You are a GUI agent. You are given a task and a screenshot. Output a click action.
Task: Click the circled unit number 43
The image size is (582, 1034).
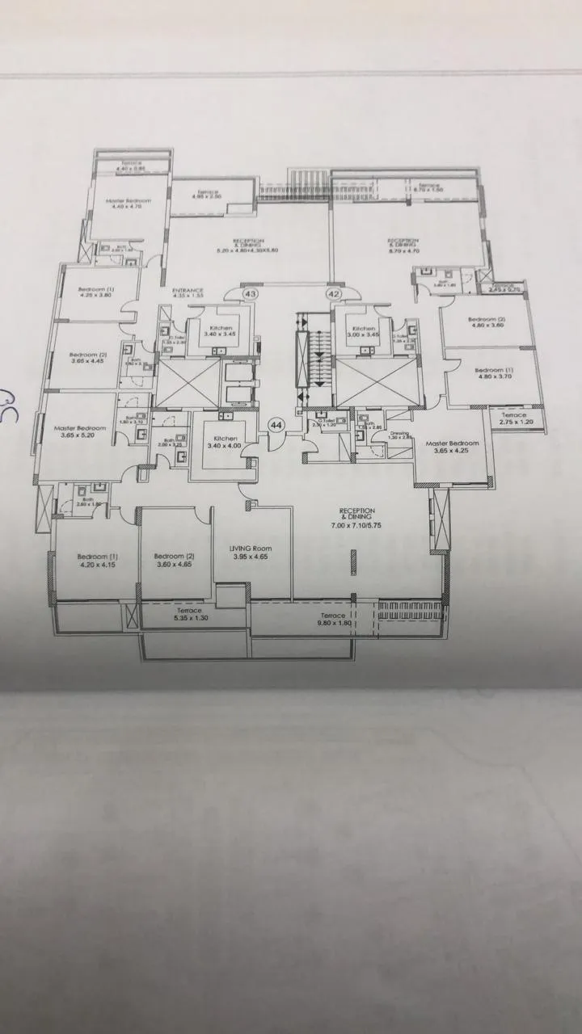click(249, 294)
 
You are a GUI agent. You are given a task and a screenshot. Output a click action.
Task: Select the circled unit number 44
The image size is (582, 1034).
click(276, 424)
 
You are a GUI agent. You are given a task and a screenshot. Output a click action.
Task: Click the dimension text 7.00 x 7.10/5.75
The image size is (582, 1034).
click(357, 525)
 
